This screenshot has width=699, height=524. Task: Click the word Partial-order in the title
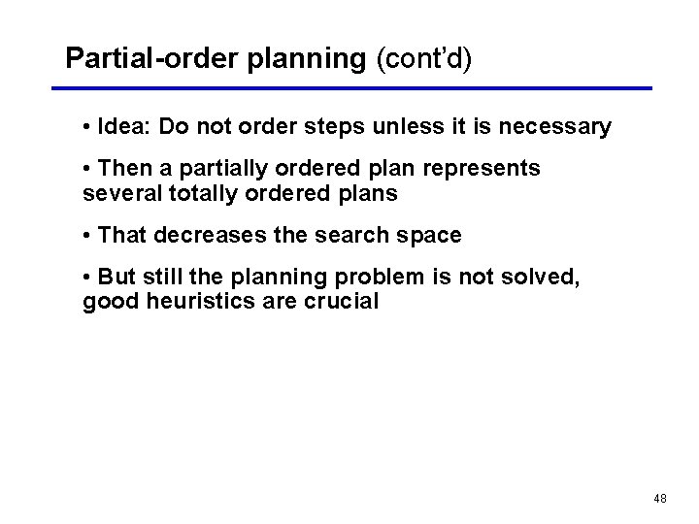click(152, 59)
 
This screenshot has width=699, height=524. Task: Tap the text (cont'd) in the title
click(423, 59)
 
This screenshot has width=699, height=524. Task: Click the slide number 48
click(660, 499)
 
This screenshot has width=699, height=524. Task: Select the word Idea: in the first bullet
click(125, 127)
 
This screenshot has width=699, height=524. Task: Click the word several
click(122, 193)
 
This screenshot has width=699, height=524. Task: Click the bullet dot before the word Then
click(88, 169)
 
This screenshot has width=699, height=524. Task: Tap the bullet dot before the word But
click(88, 278)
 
